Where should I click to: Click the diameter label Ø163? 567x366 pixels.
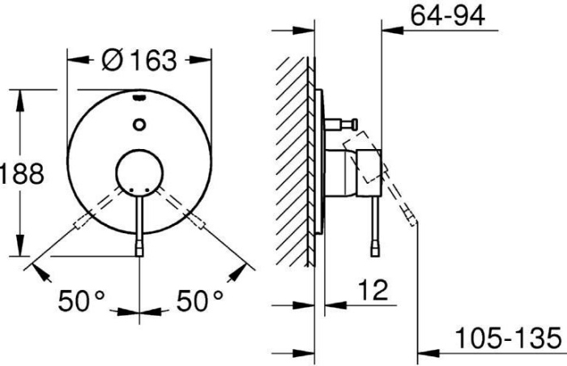(x=139, y=59)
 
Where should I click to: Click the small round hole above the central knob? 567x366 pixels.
(x=139, y=124)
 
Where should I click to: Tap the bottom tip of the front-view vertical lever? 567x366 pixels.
(x=139, y=249)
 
